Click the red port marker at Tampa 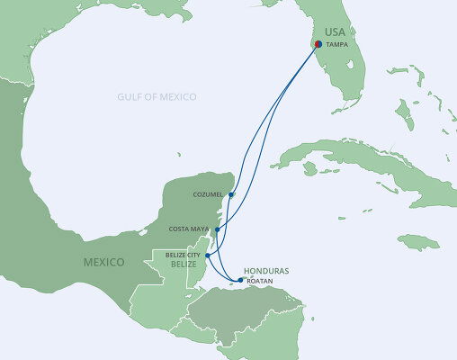(318, 43)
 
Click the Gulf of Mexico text (158, 96)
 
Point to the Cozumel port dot (231, 194)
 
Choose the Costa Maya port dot (217, 229)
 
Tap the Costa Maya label (190, 229)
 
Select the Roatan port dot (239, 280)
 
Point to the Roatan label (259, 281)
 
